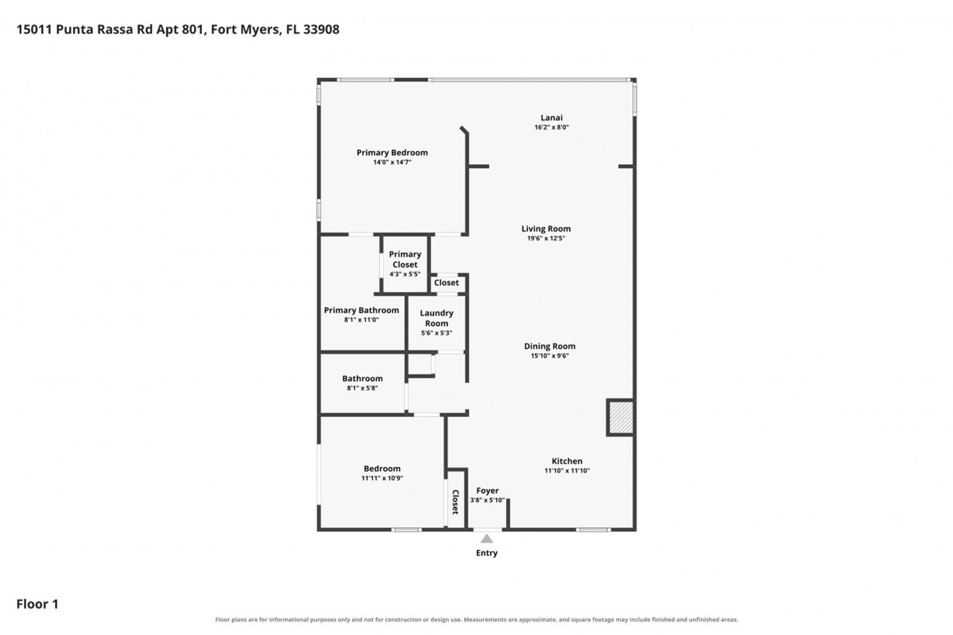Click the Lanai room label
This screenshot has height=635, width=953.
[551, 118]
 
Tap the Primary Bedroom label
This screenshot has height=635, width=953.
[392, 153]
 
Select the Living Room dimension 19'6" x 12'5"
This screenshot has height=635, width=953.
[546, 238]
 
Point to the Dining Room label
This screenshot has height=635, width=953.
[549, 346]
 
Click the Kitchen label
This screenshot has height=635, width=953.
[567, 461]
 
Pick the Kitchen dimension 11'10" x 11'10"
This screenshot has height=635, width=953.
[567, 470]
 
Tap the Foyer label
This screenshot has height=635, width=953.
[487, 491]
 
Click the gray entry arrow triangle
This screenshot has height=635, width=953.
[487, 539]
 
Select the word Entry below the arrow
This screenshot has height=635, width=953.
[487, 553]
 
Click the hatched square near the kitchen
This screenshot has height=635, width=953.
[621, 417]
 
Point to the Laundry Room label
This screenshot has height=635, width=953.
[436, 318]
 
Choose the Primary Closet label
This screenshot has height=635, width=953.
[405, 259]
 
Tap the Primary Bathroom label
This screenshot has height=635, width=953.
[362, 310]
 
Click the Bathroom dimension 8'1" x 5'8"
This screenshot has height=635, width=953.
[362, 388]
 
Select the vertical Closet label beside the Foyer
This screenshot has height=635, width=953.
[455, 502]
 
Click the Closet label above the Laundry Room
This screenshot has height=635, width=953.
[446, 283]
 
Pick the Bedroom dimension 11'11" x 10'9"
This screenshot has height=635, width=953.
[382, 478]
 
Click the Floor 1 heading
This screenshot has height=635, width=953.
[38, 604]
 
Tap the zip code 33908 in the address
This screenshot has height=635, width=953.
[321, 29]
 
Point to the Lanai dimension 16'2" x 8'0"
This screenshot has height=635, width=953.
[551, 127]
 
